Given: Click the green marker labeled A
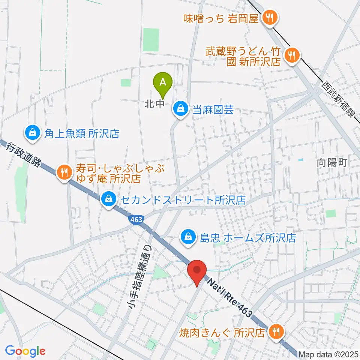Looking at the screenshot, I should point(163,83).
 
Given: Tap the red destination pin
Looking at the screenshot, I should point(197,270).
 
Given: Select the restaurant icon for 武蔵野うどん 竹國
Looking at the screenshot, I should point(291,55).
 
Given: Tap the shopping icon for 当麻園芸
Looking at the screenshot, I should point(181,109).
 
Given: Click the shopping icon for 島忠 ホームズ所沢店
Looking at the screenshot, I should point(187,237).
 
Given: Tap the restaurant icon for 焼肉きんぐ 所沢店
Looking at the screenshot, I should point(277,331).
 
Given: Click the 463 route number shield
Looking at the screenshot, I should point(136,220).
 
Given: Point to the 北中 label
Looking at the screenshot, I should point(154,104).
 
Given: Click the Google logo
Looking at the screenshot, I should point(25,351).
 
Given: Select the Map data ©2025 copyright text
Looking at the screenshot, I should point(328,354).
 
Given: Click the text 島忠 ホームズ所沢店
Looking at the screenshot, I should point(248,237).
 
